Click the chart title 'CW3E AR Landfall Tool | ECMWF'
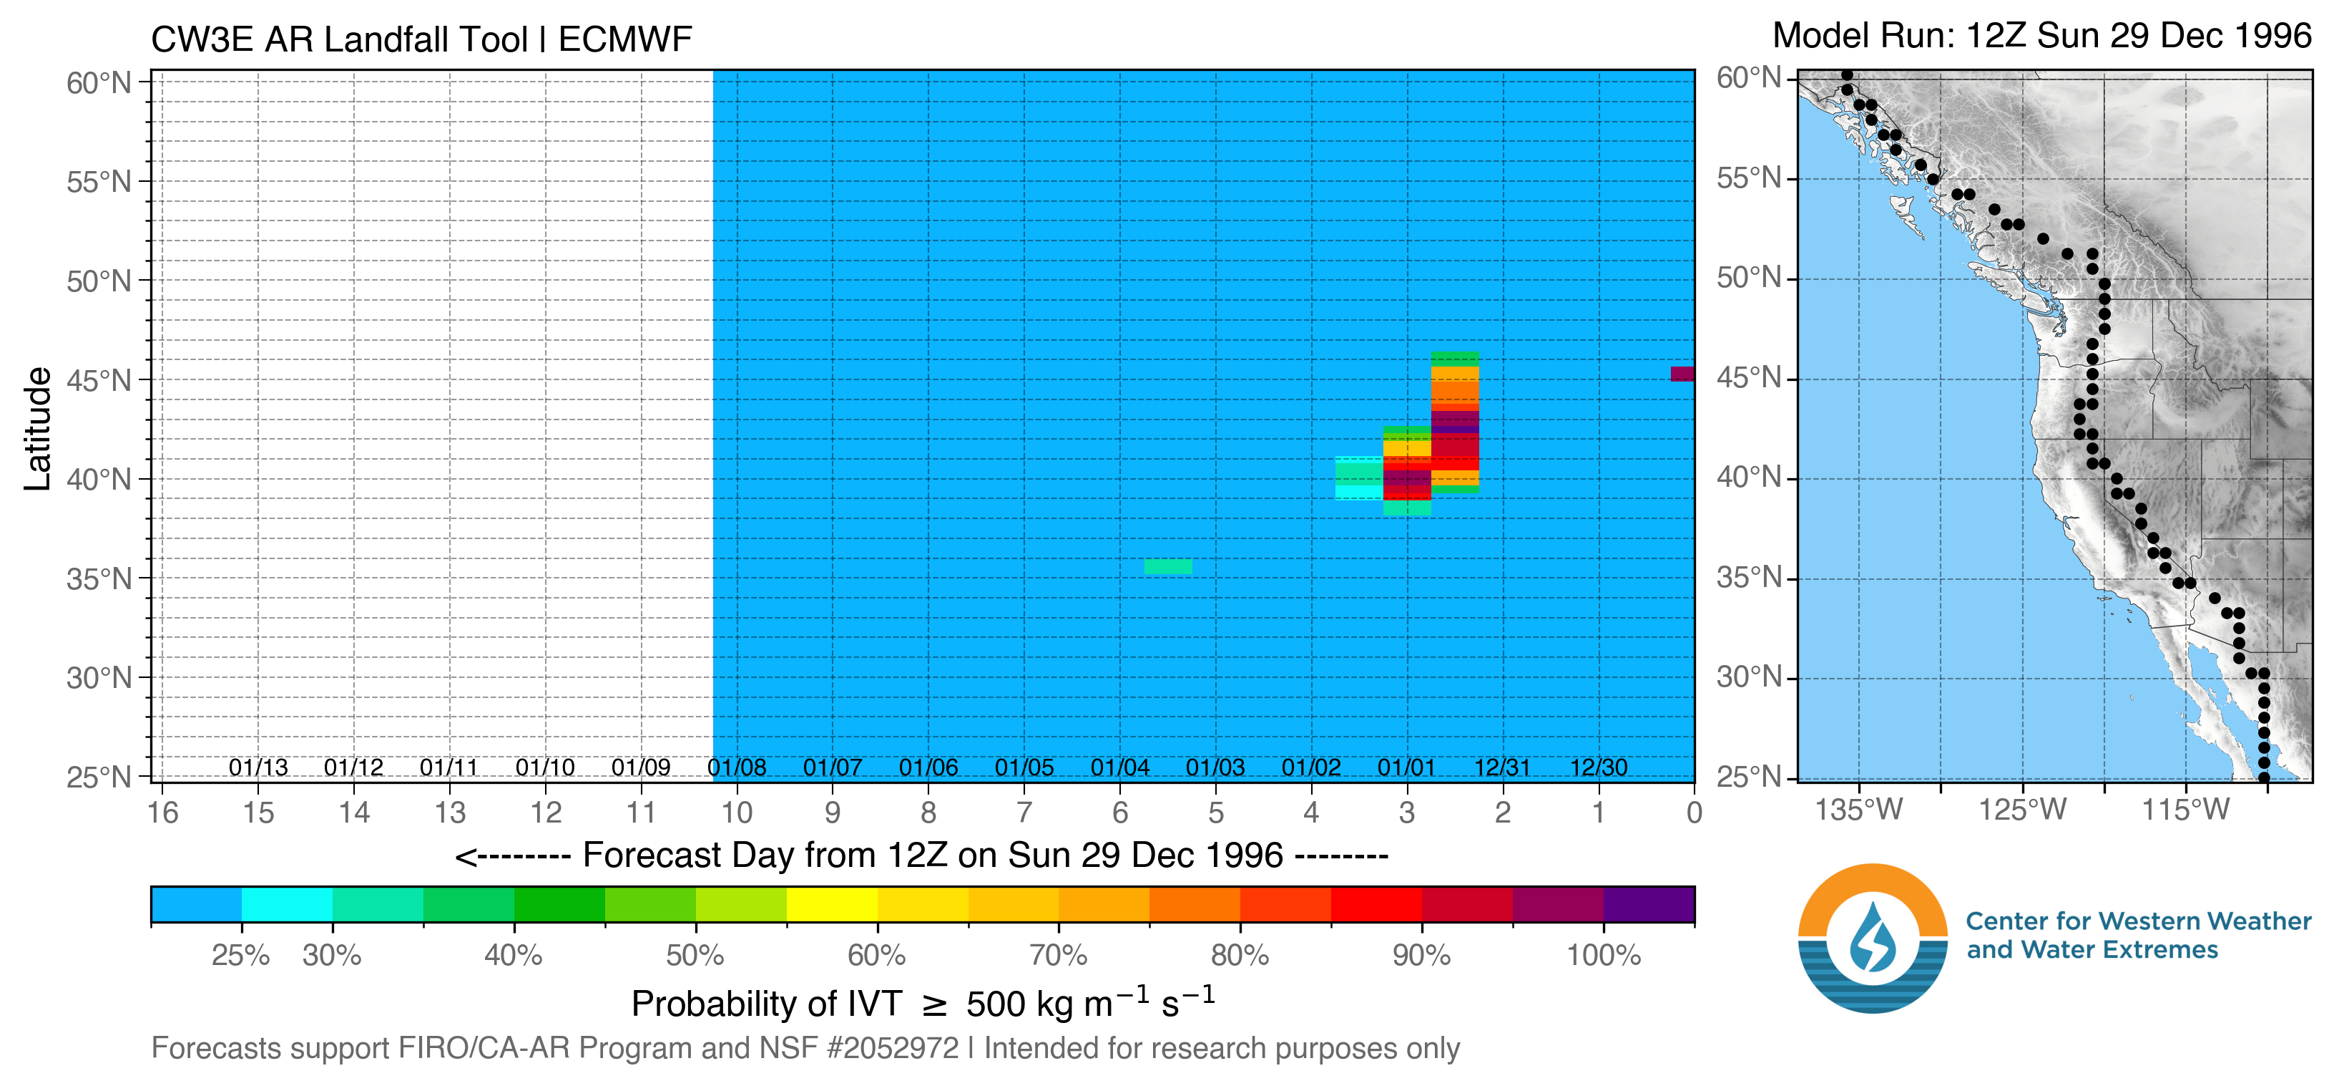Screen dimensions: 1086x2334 [421, 40]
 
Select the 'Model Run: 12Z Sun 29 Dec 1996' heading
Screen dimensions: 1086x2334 [2041, 37]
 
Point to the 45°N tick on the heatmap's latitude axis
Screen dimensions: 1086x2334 [99, 381]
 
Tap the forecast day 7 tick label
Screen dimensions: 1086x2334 [1024, 813]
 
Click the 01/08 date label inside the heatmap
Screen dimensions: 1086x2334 [737, 768]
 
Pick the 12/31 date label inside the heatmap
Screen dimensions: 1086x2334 [1502, 768]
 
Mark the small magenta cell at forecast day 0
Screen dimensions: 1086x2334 [1682, 374]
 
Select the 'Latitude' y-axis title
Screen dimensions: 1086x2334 [37, 429]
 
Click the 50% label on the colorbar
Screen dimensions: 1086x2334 [695, 956]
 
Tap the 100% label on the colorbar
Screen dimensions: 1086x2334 [1604, 956]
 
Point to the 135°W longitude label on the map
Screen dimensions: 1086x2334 [1859, 810]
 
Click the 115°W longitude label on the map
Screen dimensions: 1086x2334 [2185, 810]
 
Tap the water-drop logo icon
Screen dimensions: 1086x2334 [1873, 939]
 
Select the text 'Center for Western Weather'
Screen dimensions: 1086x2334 [2138, 921]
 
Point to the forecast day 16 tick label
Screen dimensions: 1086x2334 [163, 813]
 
